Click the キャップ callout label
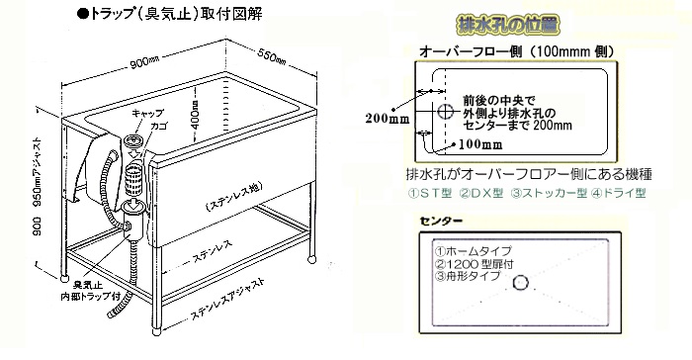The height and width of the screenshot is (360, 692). (x=133, y=114)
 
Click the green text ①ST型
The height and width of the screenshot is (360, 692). (x=435, y=192)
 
